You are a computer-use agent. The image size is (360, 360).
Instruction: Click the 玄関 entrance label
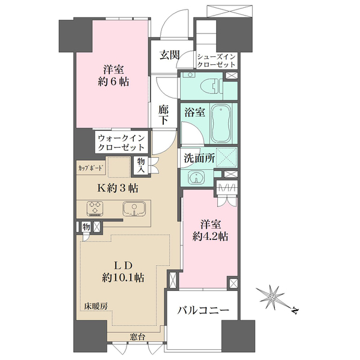[x=170, y=55]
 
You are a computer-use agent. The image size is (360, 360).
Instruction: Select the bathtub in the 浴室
[x=220, y=124]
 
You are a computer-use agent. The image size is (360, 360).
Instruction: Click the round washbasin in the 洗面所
[x=196, y=178]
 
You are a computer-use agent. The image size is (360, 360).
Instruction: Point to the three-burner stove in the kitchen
[x=95, y=208]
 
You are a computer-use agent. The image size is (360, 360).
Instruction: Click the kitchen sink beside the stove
[x=134, y=209]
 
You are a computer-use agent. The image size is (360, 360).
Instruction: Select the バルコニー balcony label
[x=203, y=311]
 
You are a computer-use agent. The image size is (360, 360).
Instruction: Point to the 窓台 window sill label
[x=137, y=337]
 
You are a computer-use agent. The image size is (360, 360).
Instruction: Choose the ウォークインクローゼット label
[x=121, y=143]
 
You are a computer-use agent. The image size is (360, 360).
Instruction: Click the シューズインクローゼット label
[x=217, y=61]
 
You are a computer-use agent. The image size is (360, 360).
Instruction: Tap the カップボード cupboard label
[x=90, y=168]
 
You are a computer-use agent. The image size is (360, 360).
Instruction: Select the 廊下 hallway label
[x=163, y=115]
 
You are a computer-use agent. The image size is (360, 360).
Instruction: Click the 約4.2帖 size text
[x=211, y=236]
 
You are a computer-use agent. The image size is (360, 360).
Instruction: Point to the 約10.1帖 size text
[x=123, y=278]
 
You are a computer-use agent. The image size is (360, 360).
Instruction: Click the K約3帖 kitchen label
[x=118, y=188]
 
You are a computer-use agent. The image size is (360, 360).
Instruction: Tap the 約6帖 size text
[x=113, y=82]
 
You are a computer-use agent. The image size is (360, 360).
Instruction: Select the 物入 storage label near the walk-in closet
[x=141, y=166]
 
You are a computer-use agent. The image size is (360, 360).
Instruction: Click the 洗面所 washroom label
[x=199, y=158]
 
